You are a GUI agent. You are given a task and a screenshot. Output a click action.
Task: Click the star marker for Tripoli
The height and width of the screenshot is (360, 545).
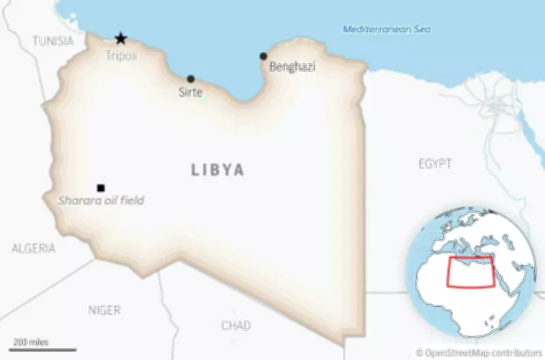pos(121,39)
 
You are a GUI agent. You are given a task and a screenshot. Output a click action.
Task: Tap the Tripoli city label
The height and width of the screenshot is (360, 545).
pos(121,56)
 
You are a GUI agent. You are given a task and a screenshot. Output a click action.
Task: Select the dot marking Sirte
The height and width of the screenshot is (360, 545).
pos(191,79)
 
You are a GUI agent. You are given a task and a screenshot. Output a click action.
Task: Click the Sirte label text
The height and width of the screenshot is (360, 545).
pos(191,92)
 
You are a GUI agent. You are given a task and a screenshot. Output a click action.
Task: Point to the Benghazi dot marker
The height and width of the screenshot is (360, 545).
pos(264,56)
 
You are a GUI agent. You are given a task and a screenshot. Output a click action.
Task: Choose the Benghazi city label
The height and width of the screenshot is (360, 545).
pos(292,67)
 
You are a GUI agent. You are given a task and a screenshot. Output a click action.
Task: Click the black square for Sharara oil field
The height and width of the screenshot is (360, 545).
pos(101,188)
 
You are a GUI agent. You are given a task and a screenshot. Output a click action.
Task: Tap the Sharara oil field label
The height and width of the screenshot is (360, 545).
pos(101,200)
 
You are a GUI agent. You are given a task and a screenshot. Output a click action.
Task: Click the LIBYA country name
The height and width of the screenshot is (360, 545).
pos(217,170)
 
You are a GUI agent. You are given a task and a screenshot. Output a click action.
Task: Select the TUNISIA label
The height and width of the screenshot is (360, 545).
pos(52,41)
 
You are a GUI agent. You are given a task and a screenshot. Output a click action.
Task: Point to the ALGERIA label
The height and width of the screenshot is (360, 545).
pos(33,248)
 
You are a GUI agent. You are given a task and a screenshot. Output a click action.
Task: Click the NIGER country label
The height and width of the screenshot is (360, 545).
pos(104,310)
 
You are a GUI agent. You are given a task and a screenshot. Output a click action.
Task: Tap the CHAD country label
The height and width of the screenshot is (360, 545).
pos(236,325)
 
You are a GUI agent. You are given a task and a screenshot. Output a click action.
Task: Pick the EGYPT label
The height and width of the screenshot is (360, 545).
pos(435,164)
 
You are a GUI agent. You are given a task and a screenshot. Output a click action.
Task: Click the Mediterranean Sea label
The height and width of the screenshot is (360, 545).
pos(386,29)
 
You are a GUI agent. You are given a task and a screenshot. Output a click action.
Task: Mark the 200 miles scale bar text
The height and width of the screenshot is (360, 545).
pos(31,342)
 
